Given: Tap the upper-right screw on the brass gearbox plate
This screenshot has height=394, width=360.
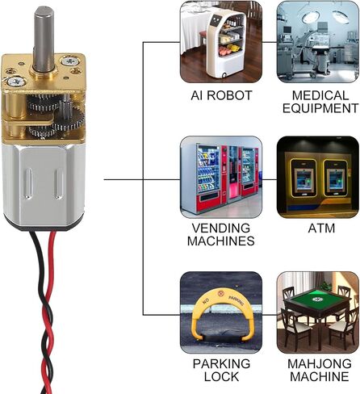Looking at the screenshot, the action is (x=70, y=61).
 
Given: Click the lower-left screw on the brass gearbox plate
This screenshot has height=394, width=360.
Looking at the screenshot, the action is (x=16, y=82).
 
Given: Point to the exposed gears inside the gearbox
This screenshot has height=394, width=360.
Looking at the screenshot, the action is (x=56, y=115).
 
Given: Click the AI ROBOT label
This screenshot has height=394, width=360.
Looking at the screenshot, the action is (x=221, y=95).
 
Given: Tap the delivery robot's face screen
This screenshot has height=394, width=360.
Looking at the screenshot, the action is (x=216, y=20).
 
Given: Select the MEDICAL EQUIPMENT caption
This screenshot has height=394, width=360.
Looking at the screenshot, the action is (x=320, y=102).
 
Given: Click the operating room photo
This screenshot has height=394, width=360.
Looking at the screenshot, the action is (x=318, y=42).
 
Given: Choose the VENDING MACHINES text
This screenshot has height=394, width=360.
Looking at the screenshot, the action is (x=221, y=234).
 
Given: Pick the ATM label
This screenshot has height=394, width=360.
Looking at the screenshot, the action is (x=321, y=228).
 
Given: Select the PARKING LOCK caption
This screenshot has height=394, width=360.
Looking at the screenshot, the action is (x=221, y=370).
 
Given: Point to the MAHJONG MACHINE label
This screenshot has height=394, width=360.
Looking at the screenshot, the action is (x=320, y=370).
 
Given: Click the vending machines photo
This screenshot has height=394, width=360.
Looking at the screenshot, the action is (x=221, y=177).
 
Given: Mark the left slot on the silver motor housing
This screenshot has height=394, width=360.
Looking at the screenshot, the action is (x=28, y=184).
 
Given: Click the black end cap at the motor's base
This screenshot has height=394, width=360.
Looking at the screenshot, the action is (x=44, y=225).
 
